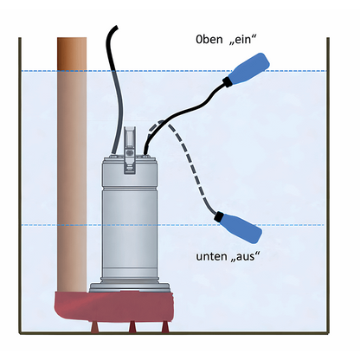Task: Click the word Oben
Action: click(209, 40)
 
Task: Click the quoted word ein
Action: click(241, 40)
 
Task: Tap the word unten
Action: click(211, 256)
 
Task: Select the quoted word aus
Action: click(246, 256)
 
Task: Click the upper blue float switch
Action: click(249, 69)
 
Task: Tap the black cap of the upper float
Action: click(226, 81)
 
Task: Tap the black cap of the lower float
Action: click(219, 216)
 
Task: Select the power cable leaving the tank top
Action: click(114, 87)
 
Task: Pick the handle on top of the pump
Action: click(129, 150)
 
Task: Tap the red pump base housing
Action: click(114, 306)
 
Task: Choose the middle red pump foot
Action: click(132, 327)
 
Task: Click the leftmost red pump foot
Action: click(94, 327)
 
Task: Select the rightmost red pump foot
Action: click(165, 327)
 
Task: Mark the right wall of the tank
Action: click(328, 185)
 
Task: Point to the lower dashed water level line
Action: click(173, 225)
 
